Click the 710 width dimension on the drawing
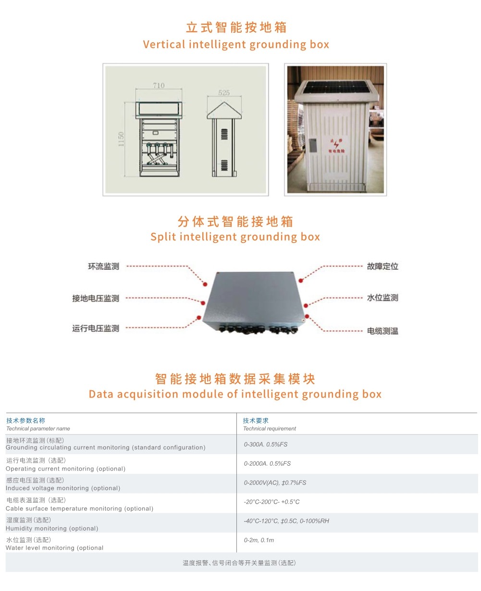pyautogui.click(x=159, y=85)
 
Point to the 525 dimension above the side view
pyautogui.click(x=224, y=92)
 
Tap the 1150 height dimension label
pyautogui.click(x=121, y=139)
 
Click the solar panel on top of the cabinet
pyautogui.click(x=335, y=87)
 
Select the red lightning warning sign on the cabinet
pyautogui.click(x=336, y=145)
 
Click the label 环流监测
pyautogui.click(x=104, y=266)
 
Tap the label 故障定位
pyautogui.click(x=382, y=266)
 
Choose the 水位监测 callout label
pyautogui.click(x=382, y=298)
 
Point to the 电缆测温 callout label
pyautogui.click(x=382, y=331)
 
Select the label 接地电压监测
pyautogui.click(x=96, y=298)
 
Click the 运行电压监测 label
pyautogui.click(x=96, y=328)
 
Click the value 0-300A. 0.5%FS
pyautogui.click(x=266, y=444)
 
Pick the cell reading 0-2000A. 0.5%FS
pyautogui.click(x=267, y=463)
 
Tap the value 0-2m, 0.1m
pyautogui.click(x=259, y=540)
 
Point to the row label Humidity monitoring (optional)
pyautogui.click(x=52, y=528)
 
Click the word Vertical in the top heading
pyautogui.click(x=164, y=44)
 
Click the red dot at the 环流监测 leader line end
pyautogui.click(x=205, y=284)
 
